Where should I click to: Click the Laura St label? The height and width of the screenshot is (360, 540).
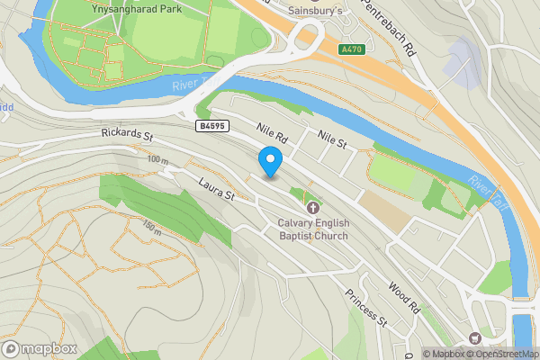pos(217,193)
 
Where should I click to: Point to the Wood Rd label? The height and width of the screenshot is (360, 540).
pos(404,297)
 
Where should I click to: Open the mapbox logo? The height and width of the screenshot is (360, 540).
pos(38,348)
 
